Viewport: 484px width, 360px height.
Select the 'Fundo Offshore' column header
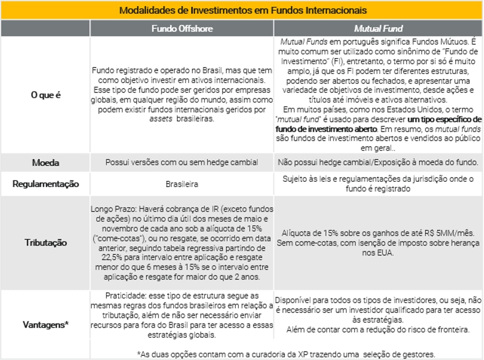(182, 28)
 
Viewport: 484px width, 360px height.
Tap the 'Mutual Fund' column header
(378, 28)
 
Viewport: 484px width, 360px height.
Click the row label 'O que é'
(45, 96)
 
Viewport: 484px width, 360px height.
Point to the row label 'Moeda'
(45, 163)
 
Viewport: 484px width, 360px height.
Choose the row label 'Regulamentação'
(45, 184)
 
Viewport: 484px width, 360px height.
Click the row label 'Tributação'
(45, 242)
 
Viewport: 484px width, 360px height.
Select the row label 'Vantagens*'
(45, 324)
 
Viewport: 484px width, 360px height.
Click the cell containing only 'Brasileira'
(182, 184)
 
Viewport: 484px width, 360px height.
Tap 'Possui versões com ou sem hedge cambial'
(182, 162)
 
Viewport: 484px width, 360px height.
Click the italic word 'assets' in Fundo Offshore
(160, 118)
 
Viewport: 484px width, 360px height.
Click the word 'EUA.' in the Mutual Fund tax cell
(383, 252)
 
